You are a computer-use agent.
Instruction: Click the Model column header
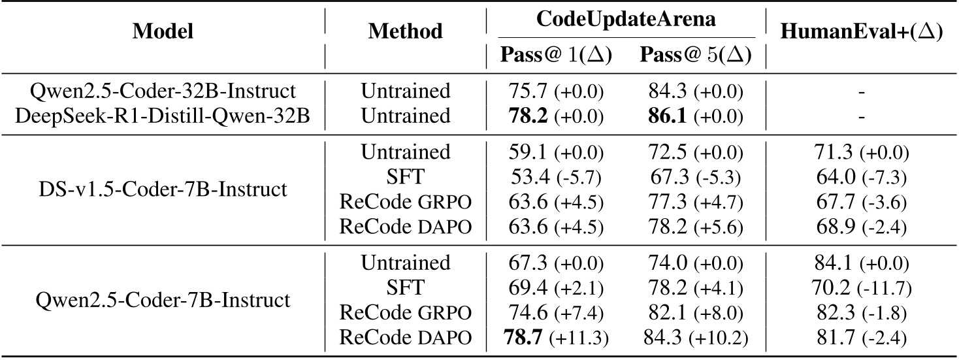[163, 31]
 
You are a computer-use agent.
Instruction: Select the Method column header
[406, 31]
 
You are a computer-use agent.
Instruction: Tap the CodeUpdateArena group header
[626, 19]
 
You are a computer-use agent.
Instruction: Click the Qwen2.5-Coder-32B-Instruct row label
[163, 91]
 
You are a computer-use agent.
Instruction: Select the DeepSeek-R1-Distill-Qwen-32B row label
[163, 115]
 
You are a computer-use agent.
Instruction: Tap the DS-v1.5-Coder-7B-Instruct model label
[163, 189]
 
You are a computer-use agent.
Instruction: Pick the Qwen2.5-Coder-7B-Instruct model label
[163, 301]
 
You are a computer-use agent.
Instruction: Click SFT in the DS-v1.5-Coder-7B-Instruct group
[406, 177]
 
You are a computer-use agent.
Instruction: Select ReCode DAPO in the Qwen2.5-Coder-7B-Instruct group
[406, 338]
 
